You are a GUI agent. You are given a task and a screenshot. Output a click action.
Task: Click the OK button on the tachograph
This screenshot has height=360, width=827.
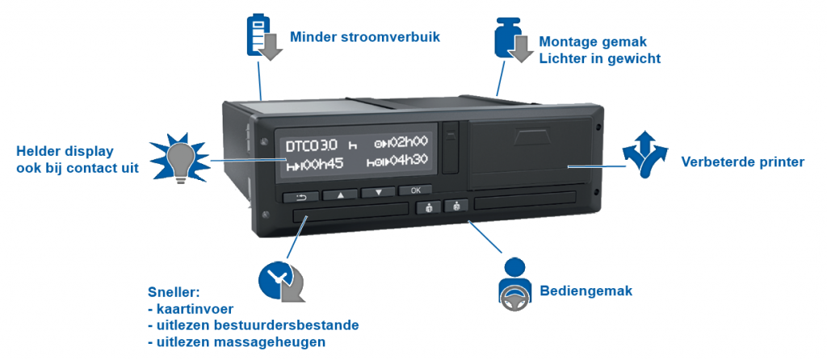[415, 190]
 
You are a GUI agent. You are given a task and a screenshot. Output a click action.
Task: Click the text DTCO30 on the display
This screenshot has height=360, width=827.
[312, 146]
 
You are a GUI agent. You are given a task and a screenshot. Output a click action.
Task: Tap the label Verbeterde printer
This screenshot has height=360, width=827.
[742, 162]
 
